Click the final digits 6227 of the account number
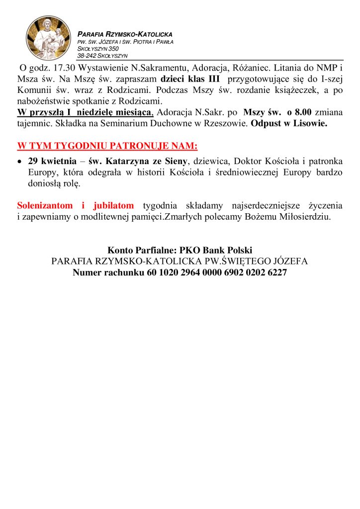tap(275, 272)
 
